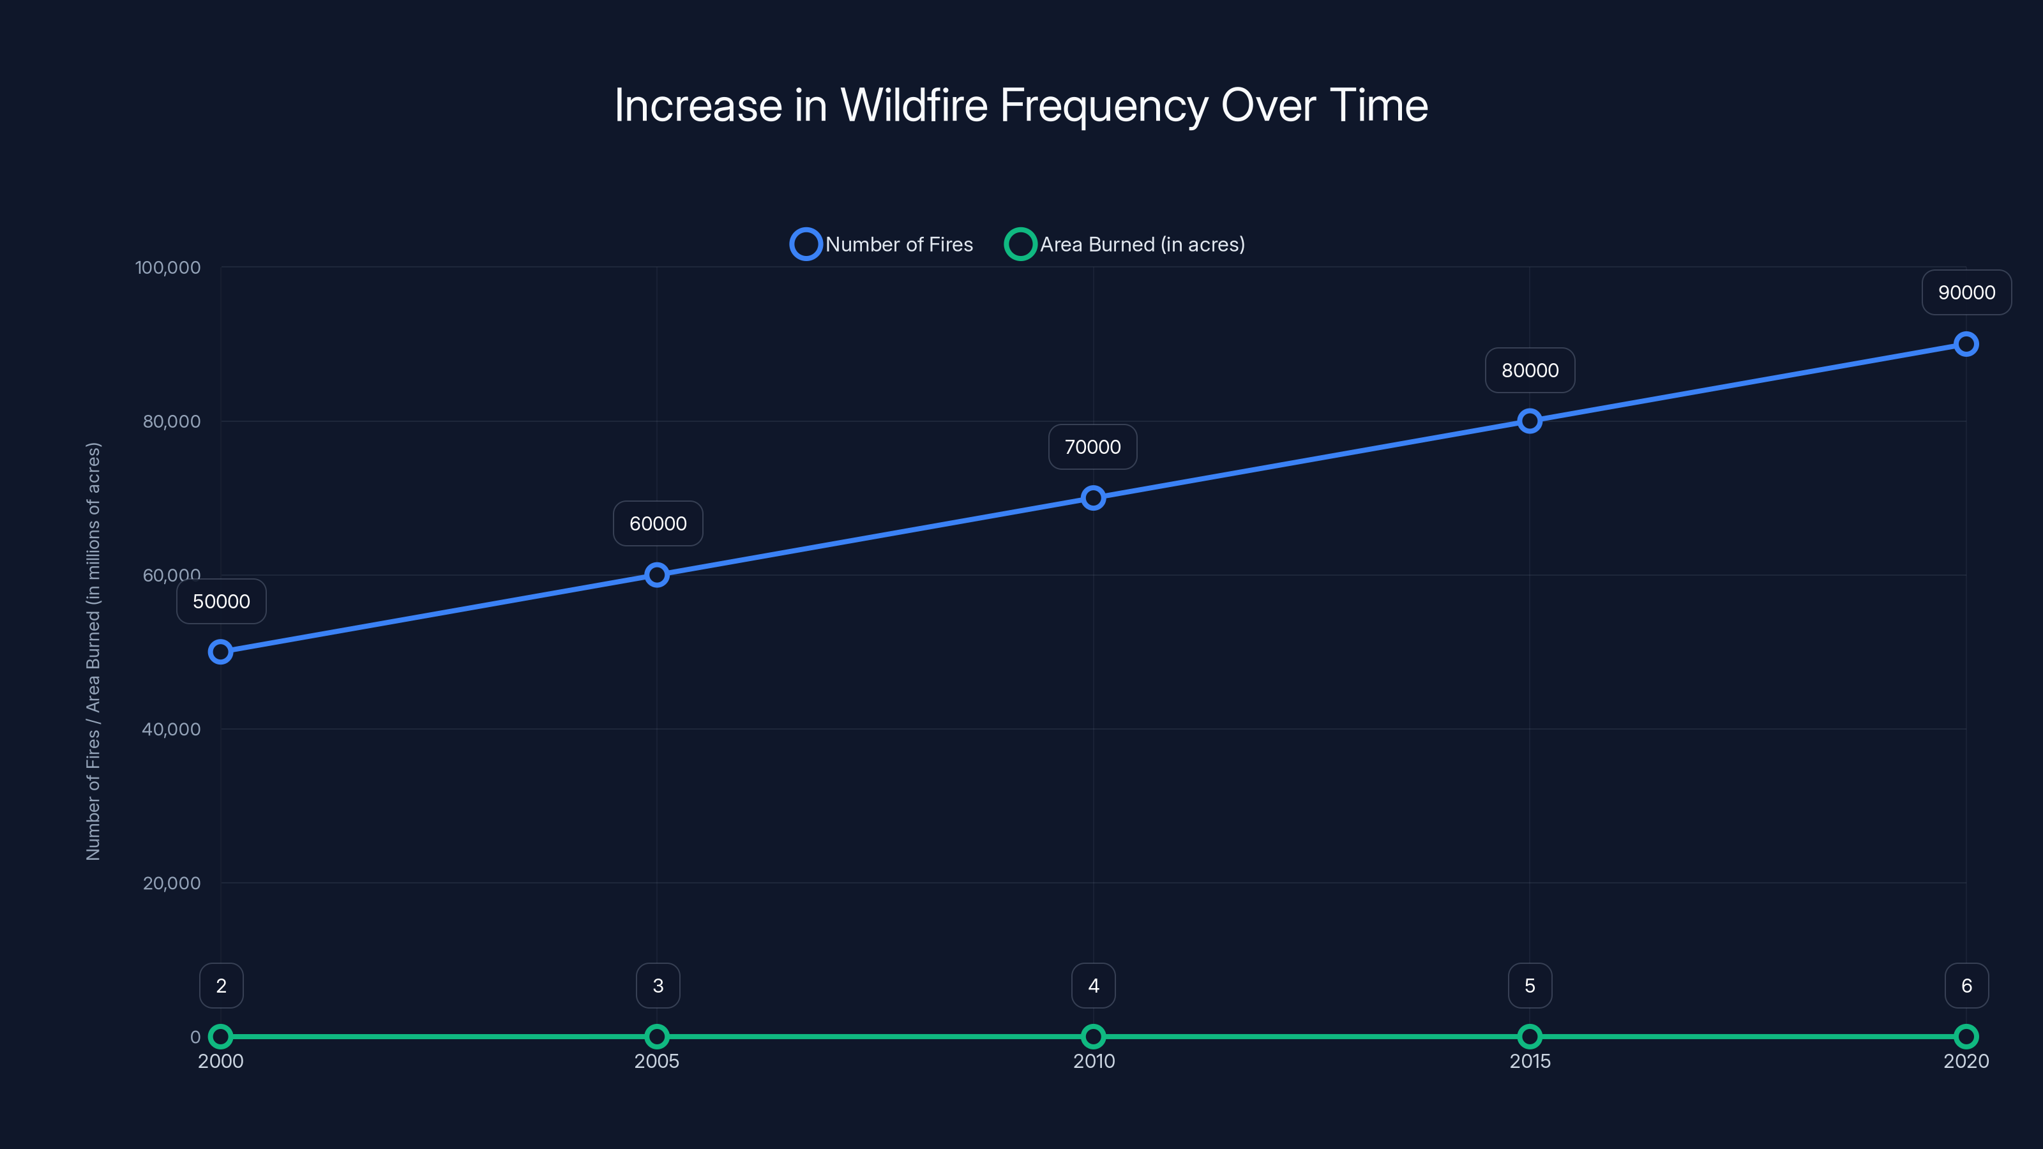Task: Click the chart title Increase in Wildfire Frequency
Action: [1021, 105]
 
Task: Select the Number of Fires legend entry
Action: [882, 244]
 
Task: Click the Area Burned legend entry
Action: [1124, 244]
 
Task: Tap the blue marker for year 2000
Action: [220, 652]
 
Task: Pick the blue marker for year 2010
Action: [1093, 498]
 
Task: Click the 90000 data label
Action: [1966, 292]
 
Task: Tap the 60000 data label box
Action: [658, 523]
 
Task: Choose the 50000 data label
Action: [222, 601]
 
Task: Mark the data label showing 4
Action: [1093, 986]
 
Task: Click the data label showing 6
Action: [1966, 986]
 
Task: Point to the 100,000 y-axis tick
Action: [167, 267]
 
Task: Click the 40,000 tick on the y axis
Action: [170, 729]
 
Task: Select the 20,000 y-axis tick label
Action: [171, 883]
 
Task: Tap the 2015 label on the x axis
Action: [1529, 1061]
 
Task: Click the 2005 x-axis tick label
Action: [657, 1061]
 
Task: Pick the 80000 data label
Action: [1530, 370]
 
